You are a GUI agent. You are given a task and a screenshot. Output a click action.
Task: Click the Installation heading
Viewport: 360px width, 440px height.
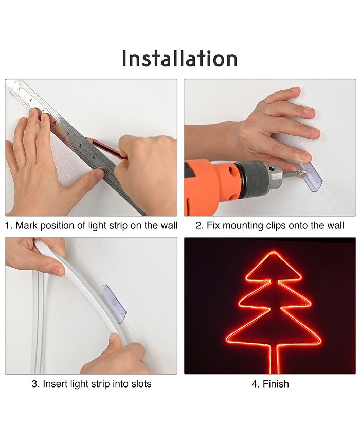tap(179, 59)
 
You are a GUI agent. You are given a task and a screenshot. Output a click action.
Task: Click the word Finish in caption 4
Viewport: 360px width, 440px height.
tap(276, 383)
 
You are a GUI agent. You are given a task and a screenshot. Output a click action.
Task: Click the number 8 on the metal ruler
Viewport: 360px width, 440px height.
tap(81, 146)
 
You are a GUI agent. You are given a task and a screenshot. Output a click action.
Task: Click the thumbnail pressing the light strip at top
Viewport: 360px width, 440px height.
tap(58, 270)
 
